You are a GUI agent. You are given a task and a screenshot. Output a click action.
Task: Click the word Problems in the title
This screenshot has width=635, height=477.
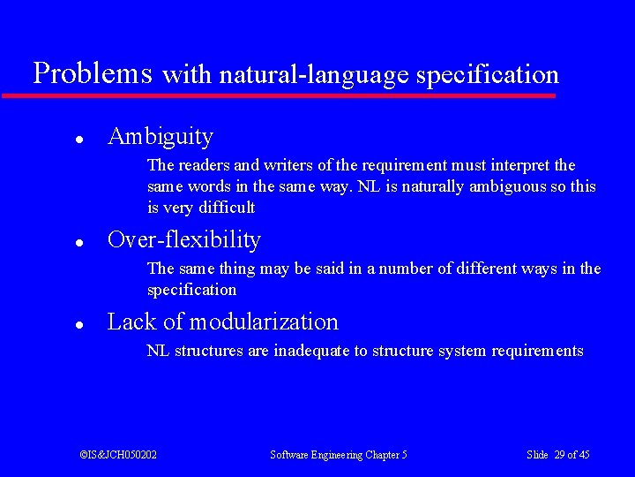tap(92, 73)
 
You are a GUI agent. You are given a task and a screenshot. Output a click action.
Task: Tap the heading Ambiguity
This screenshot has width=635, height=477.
tap(160, 137)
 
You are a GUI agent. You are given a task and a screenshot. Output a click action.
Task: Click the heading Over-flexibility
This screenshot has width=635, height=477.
tap(183, 240)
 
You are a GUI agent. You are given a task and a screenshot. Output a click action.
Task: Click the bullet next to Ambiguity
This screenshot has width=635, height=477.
tap(78, 139)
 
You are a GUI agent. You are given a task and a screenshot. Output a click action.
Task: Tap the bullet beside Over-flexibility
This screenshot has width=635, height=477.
tap(78, 242)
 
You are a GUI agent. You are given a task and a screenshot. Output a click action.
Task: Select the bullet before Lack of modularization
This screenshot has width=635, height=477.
tap(78, 324)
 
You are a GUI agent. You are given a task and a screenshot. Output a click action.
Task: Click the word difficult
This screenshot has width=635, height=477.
tap(227, 208)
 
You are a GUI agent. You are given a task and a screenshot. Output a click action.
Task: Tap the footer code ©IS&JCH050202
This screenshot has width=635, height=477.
tap(118, 455)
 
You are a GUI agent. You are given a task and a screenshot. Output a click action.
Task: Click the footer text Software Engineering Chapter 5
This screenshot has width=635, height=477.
tap(338, 455)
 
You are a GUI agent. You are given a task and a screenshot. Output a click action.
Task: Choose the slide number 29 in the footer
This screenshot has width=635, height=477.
tap(559, 455)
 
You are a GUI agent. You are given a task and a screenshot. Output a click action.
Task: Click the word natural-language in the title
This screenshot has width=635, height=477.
tap(314, 76)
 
